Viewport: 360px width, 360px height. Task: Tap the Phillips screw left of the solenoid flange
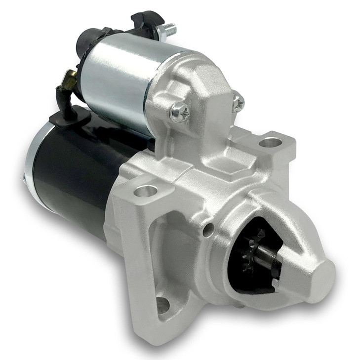179,113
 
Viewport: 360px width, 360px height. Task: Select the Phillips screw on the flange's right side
238,103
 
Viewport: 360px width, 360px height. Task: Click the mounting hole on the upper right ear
270,143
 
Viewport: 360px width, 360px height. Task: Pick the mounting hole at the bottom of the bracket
162,304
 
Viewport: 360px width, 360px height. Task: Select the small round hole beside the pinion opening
210,228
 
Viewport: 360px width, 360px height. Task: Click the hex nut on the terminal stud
160,31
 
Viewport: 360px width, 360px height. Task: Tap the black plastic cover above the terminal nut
147,20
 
